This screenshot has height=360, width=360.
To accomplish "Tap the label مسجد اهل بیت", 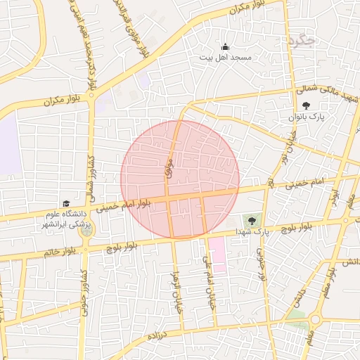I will (225, 57).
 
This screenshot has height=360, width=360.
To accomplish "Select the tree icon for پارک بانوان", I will (305, 105).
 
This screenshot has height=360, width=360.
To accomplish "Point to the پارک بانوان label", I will (305, 117).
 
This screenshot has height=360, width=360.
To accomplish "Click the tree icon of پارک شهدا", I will (252, 221).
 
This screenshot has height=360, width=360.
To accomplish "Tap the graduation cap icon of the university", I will (65, 202).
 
